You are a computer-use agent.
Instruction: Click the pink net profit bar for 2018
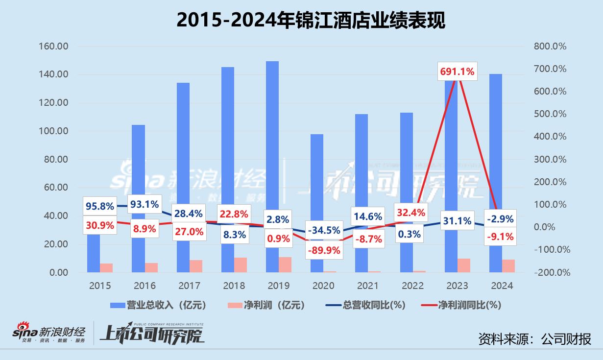click(x=241, y=264)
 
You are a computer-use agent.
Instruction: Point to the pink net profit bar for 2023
click(x=464, y=265)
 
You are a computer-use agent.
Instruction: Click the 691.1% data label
click(x=457, y=72)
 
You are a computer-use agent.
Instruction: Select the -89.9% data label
click(x=323, y=250)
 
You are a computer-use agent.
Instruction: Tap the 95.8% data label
click(x=99, y=205)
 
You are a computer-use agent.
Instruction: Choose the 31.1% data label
click(x=457, y=220)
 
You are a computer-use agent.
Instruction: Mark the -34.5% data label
click(x=323, y=230)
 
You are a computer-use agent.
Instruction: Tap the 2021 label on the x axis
click(x=368, y=286)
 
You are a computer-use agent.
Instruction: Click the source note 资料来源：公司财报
click(x=534, y=338)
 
